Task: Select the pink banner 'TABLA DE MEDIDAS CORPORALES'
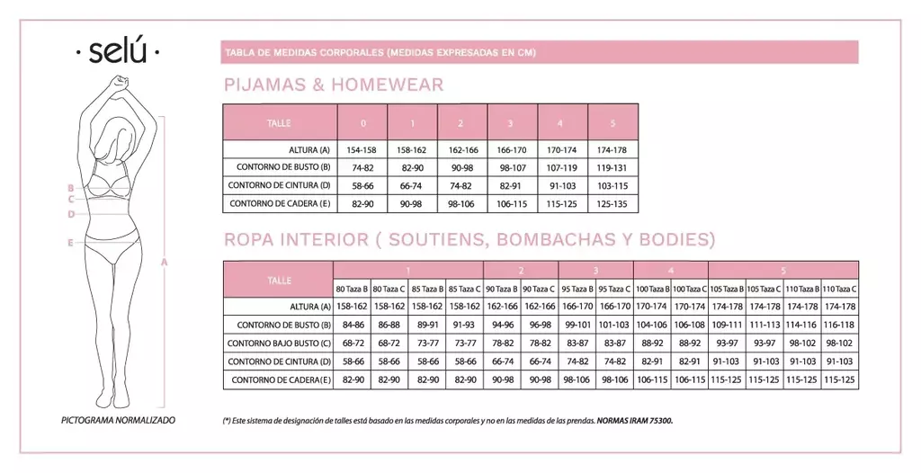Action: [380, 52]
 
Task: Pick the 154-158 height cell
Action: [362, 149]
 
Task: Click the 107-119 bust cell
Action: [562, 167]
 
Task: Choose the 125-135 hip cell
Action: [613, 203]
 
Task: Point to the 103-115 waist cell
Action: [613, 185]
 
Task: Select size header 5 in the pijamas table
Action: [613, 122]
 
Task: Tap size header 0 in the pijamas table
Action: [362, 122]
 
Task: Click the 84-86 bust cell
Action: [352, 325]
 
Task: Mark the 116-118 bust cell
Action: [840, 325]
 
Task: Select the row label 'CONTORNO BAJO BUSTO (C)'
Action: [279, 344]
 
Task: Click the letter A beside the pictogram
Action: [165, 263]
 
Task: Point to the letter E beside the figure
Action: [69, 243]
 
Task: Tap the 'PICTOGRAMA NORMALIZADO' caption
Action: [118, 420]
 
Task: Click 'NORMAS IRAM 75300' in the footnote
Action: [634, 421]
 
